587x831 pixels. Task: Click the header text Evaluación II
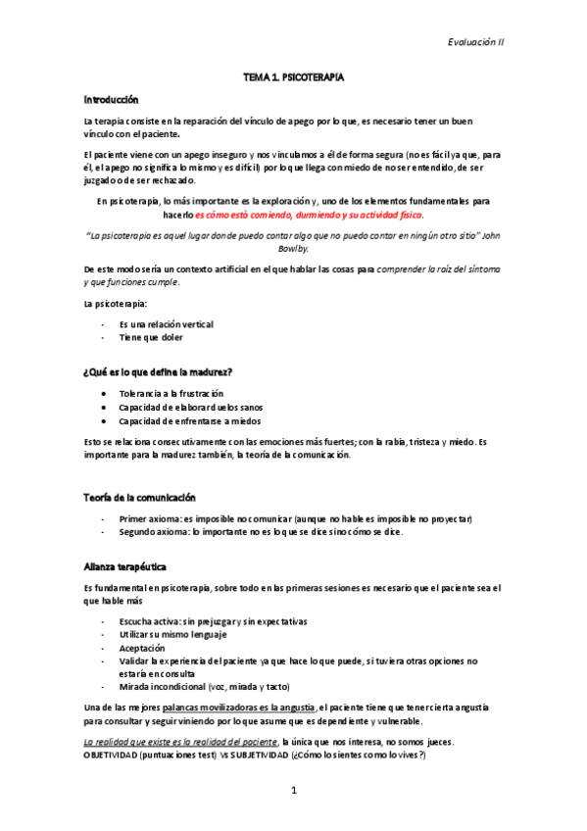pos(475,42)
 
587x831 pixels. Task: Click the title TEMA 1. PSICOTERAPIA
pos(293,75)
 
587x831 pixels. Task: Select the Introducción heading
pos(111,100)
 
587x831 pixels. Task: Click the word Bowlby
pos(293,249)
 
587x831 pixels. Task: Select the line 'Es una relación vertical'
pos(166,323)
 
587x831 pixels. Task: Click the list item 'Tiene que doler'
pos(150,337)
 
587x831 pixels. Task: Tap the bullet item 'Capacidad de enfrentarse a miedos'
pos(192,421)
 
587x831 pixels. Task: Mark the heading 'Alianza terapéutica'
pos(124,566)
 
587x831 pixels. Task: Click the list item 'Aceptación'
pos(142,649)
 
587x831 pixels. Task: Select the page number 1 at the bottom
pos(293,789)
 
